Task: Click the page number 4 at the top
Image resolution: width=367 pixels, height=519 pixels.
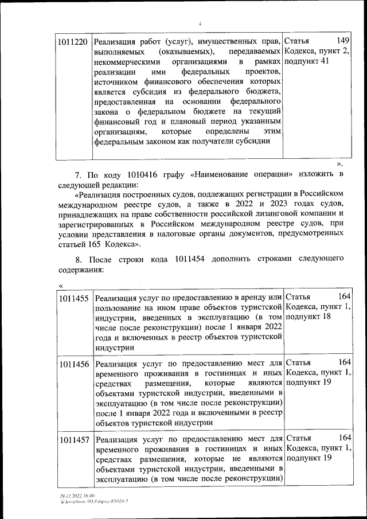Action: tap(200, 24)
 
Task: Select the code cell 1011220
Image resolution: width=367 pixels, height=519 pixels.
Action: tap(73, 42)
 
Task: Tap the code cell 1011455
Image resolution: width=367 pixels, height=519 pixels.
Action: tap(73, 298)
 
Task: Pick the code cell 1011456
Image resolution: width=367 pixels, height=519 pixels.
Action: tap(73, 364)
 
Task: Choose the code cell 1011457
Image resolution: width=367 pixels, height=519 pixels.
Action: tap(73, 440)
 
